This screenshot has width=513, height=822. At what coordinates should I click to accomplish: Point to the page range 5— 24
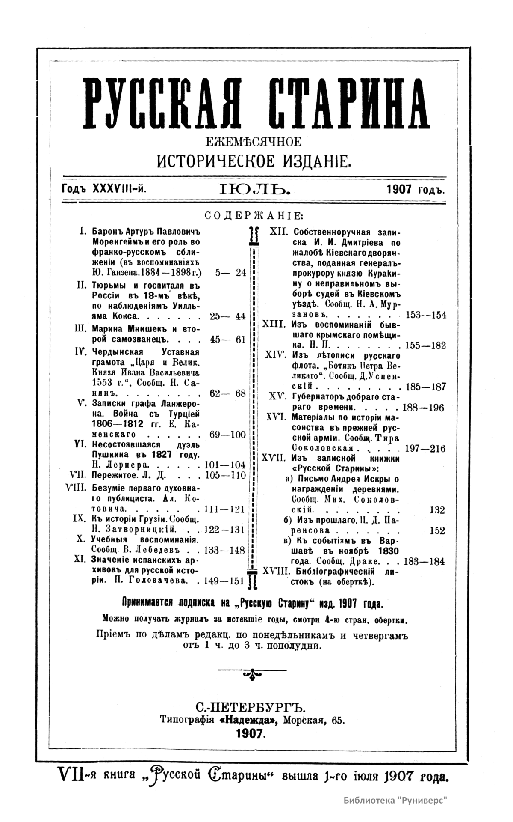(x=231, y=273)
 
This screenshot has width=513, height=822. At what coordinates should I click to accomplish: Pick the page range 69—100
(x=228, y=435)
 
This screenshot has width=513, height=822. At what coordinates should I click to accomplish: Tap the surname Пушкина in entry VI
(x=110, y=455)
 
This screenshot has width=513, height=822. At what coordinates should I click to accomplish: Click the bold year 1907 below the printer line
(x=251, y=733)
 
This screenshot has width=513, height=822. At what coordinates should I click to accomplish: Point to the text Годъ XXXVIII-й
(x=104, y=189)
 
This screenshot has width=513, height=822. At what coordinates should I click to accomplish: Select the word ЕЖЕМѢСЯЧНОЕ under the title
(x=254, y=142)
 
